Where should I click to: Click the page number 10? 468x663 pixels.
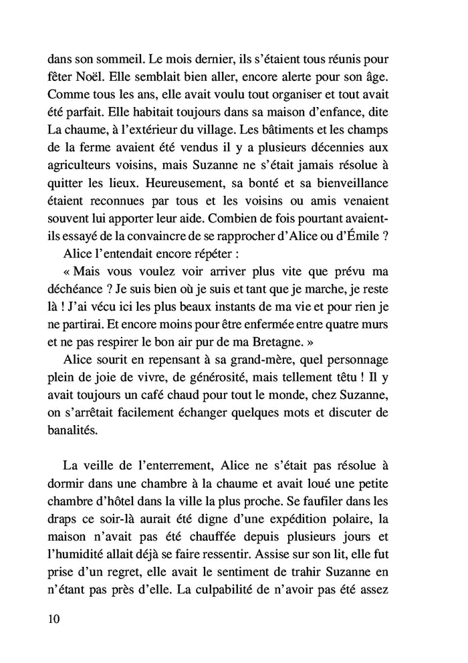pyautogui.click(x=55, y=618)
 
